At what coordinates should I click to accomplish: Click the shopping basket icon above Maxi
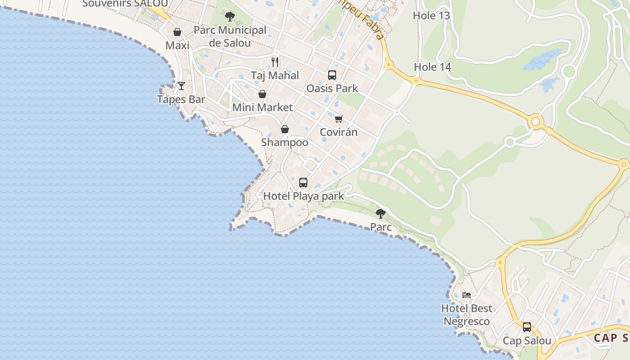click(177, 32)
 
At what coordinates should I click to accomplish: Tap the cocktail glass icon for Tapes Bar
click(181, 85)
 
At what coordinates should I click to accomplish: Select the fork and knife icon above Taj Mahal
click(275, 62)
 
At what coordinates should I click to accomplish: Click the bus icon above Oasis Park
click(332, 75)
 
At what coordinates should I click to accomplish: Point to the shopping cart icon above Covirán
click(338, 119)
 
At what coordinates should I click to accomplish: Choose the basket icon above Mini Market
click(262, 94)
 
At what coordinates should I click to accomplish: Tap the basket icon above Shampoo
click(285, 129)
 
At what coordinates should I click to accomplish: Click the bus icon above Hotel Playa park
click(303, 183)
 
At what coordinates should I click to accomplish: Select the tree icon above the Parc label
click(381, 213)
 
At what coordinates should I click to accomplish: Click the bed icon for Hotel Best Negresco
click(467, 295)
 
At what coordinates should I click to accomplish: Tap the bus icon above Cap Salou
click(526, 327)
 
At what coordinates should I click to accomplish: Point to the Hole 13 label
click(431, 16)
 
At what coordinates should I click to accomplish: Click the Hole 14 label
click(432, 67)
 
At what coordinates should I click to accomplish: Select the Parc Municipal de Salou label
click(230, 36)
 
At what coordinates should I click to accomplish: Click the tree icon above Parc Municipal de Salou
click(230, 17)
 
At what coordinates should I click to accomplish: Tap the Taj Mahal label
click(274, 75)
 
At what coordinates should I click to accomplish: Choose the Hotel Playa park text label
click(303, 196)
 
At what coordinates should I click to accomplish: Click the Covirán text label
click(338, 132)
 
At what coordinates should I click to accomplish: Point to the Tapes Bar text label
click(181, 99)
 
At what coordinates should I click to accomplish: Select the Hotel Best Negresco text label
click(467, 315)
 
